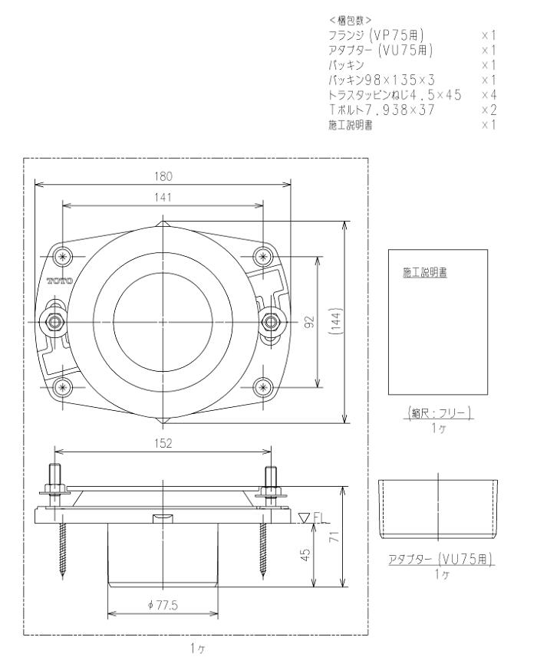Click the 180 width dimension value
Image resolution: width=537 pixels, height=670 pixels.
(163, 176)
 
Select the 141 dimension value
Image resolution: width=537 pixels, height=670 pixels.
(163, 197)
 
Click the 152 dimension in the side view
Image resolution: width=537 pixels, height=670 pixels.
(163, 442)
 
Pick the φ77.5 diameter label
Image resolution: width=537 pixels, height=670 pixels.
(163, 605)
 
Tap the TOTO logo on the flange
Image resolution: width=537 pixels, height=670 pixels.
(60, 281)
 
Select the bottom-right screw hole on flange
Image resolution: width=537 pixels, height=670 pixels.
(264, 385)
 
